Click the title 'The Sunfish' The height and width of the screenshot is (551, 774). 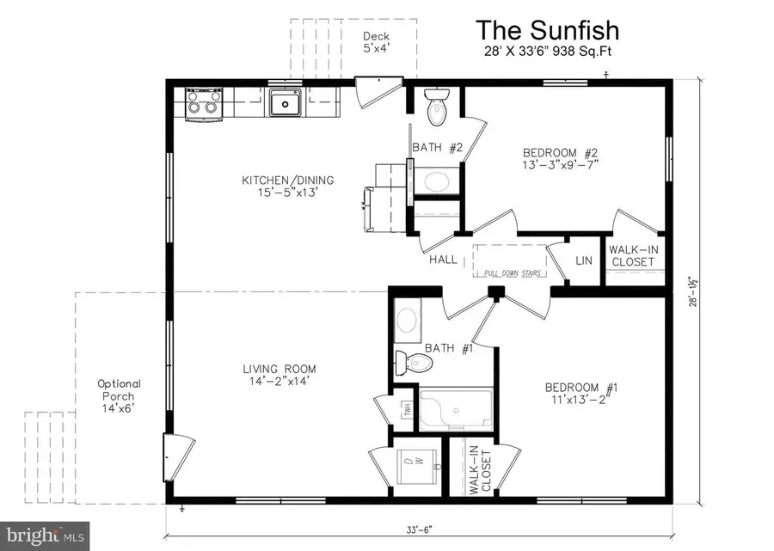click(548, 31)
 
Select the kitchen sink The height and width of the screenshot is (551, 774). click(283, 104)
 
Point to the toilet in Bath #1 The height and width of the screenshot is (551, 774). click(411, 360)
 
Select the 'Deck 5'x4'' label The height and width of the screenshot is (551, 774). click(375, 42)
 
